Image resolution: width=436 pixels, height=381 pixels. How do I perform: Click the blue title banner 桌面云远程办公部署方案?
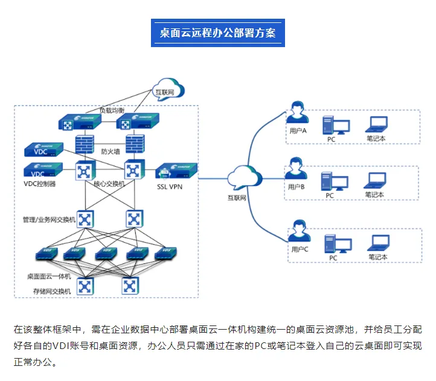(x=217, y=33)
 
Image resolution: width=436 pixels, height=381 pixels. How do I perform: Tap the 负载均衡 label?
(x=112, y=111)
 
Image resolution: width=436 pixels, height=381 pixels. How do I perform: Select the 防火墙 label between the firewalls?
(x=110, y=152)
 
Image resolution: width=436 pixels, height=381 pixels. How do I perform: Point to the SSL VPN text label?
(x=170, y=187)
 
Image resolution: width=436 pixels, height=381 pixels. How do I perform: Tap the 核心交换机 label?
(x=109, y=184)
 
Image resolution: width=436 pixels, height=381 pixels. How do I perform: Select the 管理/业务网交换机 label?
(x=49, y=220)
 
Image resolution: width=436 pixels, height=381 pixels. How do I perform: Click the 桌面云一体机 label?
(x=49, y=276)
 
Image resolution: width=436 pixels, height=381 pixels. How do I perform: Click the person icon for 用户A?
(x=297, y=113)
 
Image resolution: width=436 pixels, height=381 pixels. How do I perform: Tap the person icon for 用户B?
(x=296, y=169)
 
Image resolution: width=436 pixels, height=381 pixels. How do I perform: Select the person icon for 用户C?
(x=298, y=231)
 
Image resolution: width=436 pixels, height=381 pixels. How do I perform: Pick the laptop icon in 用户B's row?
(x=374, y=180)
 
